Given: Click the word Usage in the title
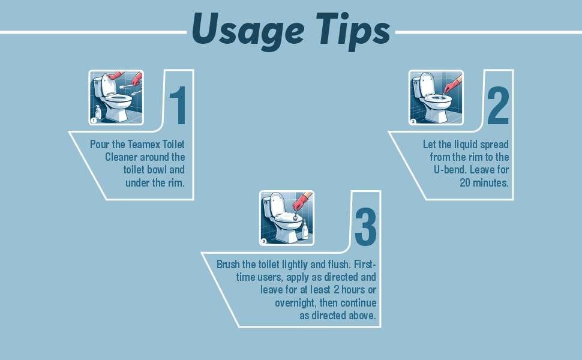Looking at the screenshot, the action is [x=248, y=31].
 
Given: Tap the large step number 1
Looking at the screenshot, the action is [x=178, y=106].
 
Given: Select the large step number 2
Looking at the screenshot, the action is [x=498, y=106].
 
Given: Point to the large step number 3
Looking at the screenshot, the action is [x=365, y=226].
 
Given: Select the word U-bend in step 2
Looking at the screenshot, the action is [x=450, y=170].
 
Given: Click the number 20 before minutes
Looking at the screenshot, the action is [x=465, y=182].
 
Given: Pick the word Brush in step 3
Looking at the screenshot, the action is [x=228, y=264].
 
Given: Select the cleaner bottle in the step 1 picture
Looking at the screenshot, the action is [x=98, y=112].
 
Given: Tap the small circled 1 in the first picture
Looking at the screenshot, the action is [x=94, y=120].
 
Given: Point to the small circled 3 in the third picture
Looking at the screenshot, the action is [x=263, y=241].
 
